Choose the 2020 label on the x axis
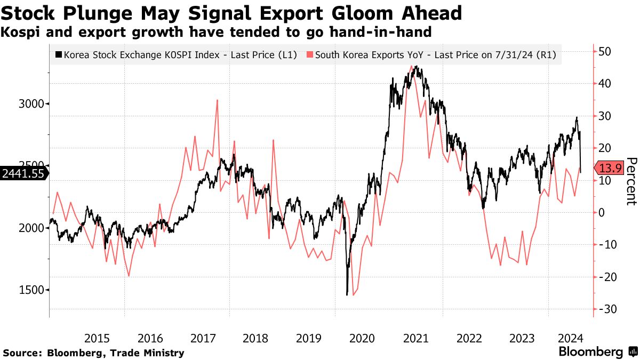(362, 338)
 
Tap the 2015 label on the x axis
(97, 338)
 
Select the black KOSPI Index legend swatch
(59, 55)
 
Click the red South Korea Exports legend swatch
(310, 55)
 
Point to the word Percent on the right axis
(631, 181)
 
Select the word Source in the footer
(22, 353)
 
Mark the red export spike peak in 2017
(217, 100)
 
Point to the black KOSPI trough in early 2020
(347, 294)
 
